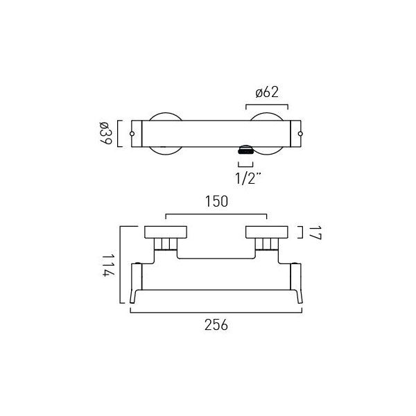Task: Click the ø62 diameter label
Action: (267, 93)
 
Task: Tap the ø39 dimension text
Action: (106, 133)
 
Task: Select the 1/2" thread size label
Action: (248, 177)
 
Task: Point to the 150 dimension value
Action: (216, 201)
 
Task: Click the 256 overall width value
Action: (216, 324)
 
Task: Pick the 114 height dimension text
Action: (109, 266)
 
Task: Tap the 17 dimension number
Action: (315, 233)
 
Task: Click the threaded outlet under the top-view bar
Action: (245, 150)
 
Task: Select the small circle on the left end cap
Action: (132, 134)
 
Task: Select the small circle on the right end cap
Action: (300, 134)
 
